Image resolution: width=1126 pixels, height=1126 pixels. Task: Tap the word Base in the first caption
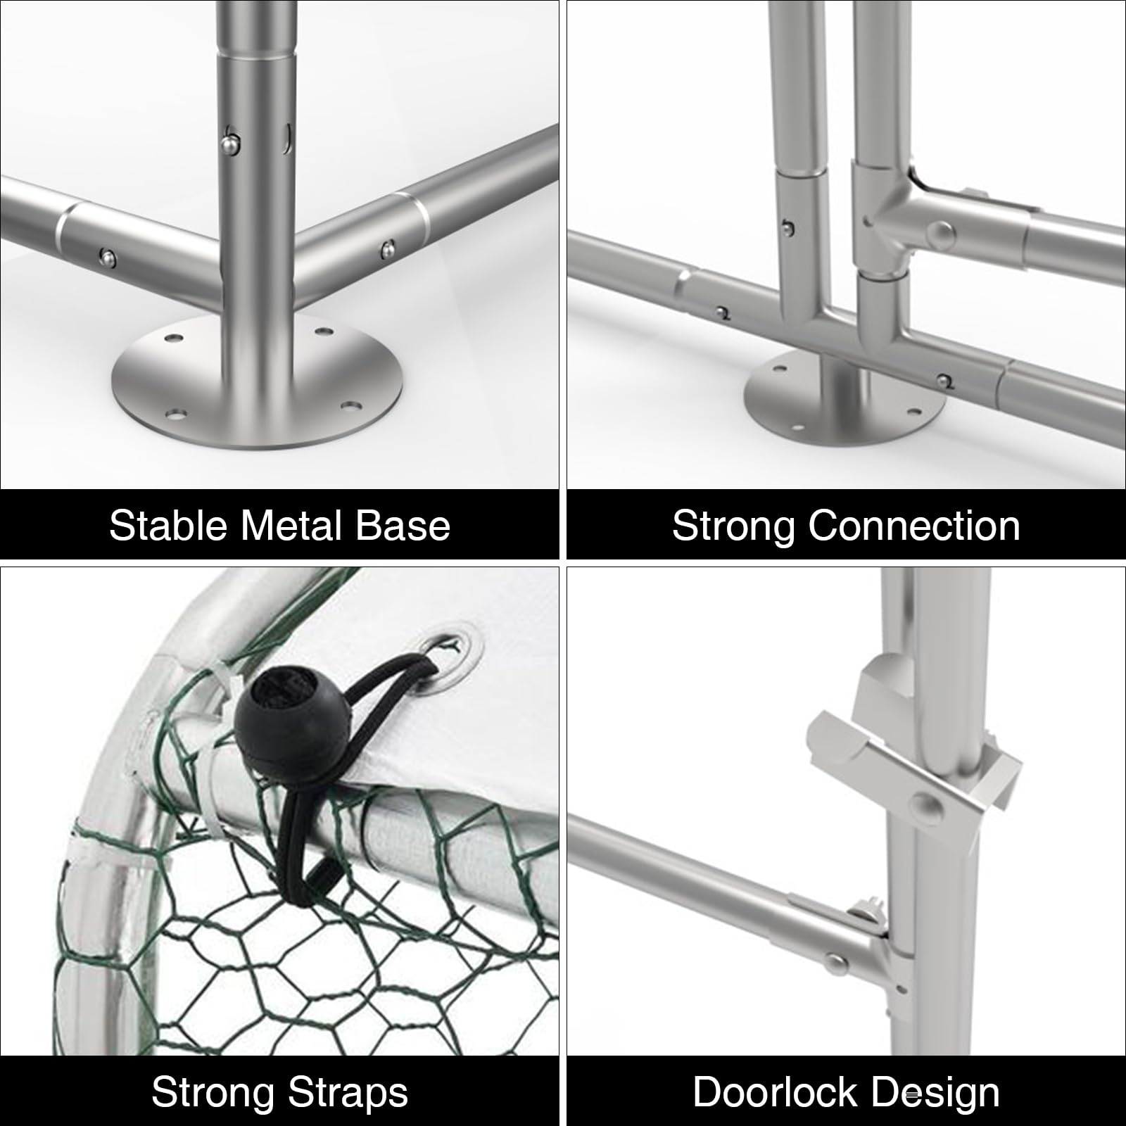tap(403, 525)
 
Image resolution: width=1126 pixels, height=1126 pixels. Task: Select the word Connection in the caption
tap(914, 525)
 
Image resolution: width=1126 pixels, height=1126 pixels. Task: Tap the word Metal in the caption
tap(292, 525)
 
